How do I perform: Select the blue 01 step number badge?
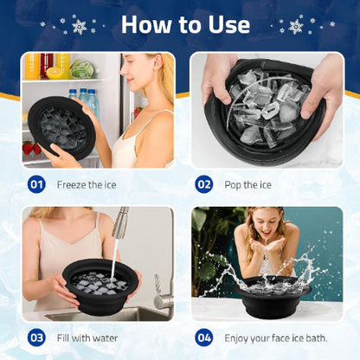36,184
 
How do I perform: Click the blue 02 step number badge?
203,184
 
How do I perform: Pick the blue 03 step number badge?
36,337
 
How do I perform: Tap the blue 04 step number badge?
203,337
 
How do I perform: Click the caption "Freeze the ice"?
87,184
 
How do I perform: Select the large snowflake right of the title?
296,26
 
